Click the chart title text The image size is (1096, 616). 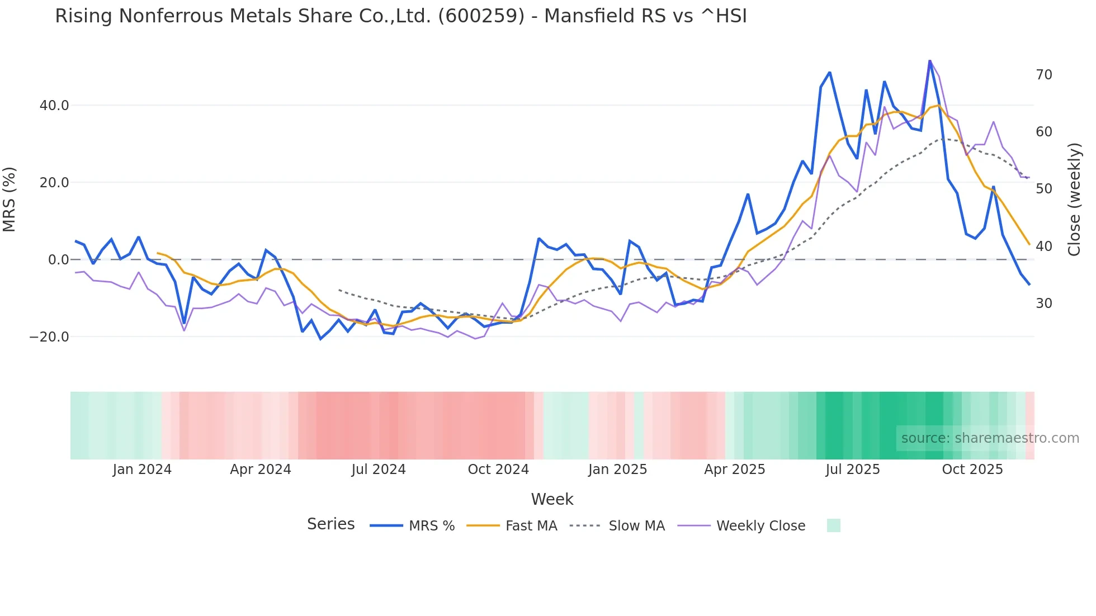pyautogui.click(x=400, y=16)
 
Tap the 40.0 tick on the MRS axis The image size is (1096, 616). pyautogui.click(x=54, y=106)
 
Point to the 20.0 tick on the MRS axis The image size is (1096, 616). pyautogui.click(x=54, y=183)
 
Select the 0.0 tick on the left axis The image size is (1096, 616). pyautogui.click(x=58, y=260)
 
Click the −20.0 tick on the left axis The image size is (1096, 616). pyautogui.click(x=49, y=337)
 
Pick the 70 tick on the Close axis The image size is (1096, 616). pyautogui.click(x=1043, y=75)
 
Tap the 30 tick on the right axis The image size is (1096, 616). pyautogui.click(x=1043, y=304)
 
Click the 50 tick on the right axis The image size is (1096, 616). pyautogui.click(x=1043, y=189)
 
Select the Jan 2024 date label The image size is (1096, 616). pyautogui.click(x=142, y=470)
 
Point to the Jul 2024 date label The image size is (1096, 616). pyautogui.click(x=379, y=470)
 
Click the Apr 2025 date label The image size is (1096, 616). pyautogui.click(x=734, y=470)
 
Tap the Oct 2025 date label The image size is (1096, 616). pyautogui.click(x=972, y=470)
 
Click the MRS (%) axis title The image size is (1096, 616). pyautogui.click(x=10, y=199)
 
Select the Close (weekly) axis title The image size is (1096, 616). pyautogui.click(x=1074, y=199)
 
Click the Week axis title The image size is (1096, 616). pyautogui.click(x=552, y=499)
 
